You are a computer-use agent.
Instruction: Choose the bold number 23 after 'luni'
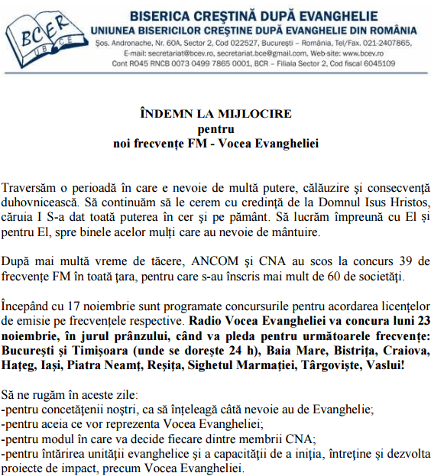point(422,319)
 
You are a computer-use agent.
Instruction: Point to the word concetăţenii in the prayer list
point(71,410)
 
